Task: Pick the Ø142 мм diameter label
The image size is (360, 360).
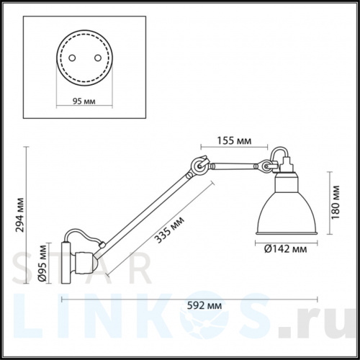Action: (x=282, y=249)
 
